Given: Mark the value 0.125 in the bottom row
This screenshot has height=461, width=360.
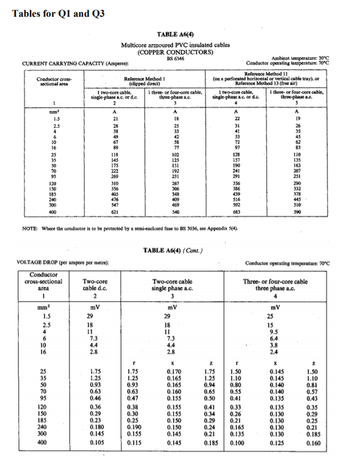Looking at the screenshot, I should point(275,444).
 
